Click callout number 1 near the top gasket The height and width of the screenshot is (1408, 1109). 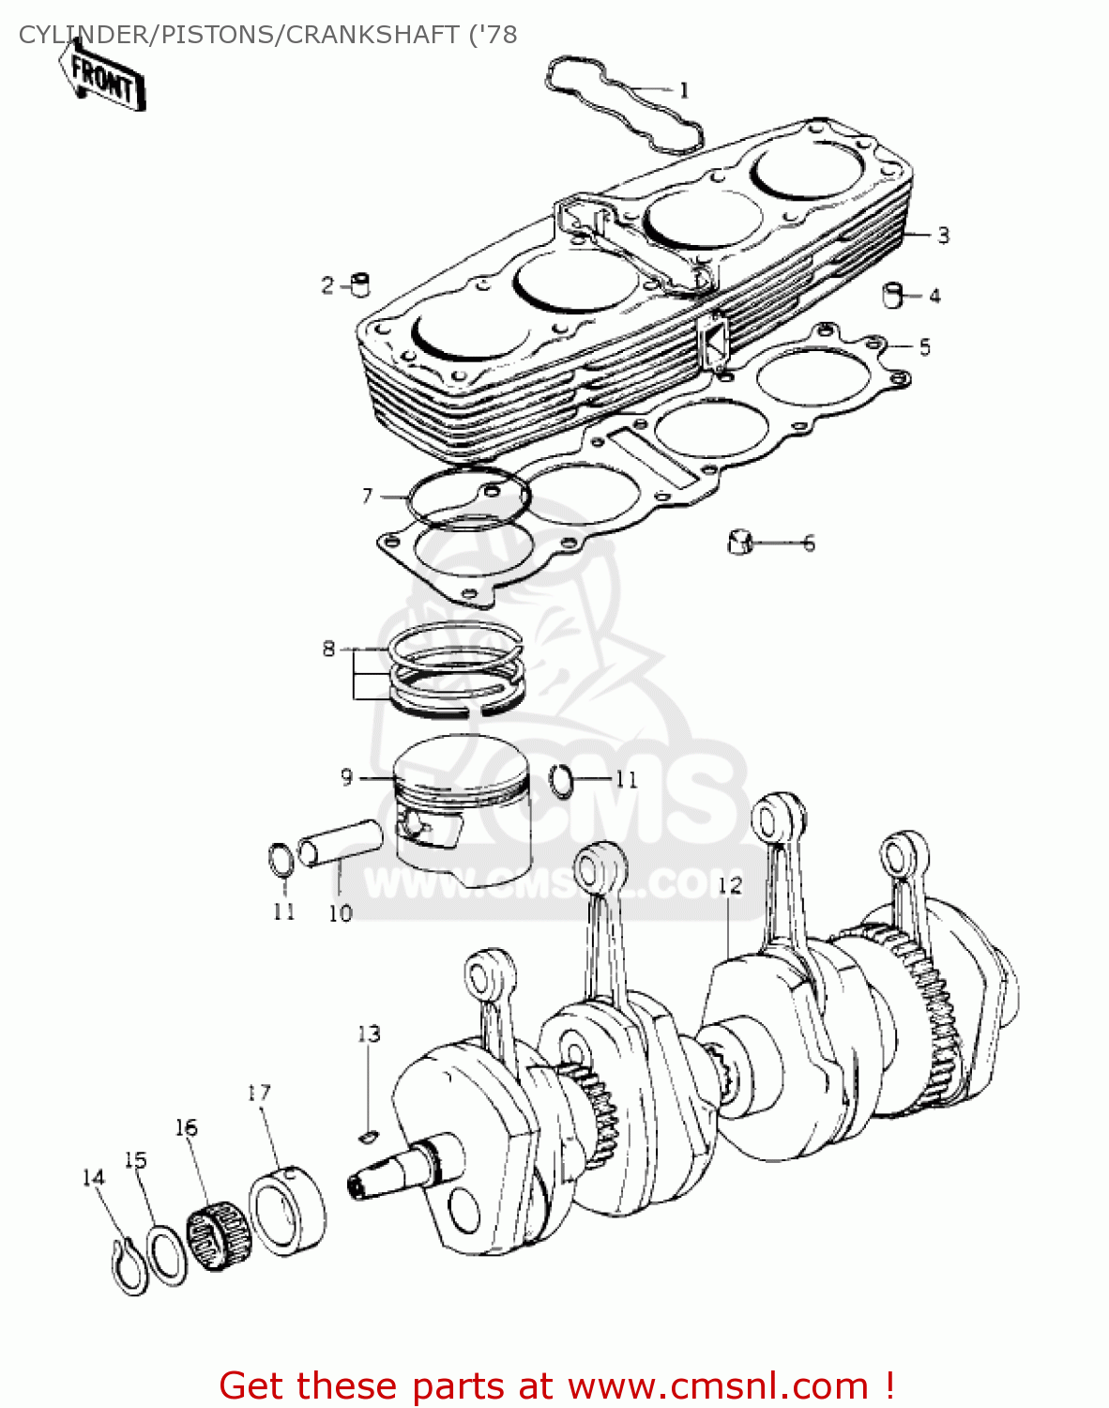coord(684,90)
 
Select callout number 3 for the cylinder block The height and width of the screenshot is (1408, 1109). coord(943,235)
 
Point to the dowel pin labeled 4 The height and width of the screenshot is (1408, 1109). coord(893,296)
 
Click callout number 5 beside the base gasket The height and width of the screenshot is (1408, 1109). coord(924,347)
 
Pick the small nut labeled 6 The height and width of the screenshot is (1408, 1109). coord(740,543)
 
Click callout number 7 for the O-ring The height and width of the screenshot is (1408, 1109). coord(367,495)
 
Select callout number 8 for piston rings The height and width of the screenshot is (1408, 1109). coord(328,649)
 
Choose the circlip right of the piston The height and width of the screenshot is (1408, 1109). coord(563,779)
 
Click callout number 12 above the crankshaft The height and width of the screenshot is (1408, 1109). coord(729,884)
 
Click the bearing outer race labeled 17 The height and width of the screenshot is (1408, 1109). coord(287,1211)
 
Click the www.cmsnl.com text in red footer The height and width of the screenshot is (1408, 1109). coord(718,1385)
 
